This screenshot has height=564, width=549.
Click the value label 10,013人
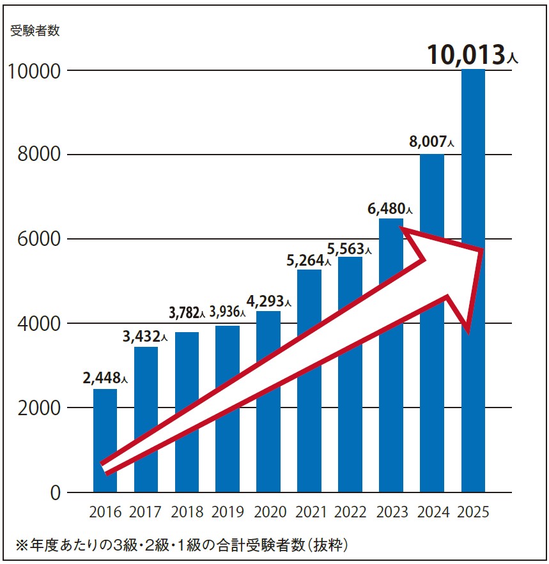pos(472,55)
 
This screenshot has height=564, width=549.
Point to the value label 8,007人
pos(431,142)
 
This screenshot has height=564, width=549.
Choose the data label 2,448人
pos(105,377)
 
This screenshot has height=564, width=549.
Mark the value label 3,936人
pos(226,313)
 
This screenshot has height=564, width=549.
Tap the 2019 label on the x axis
pos(228,512)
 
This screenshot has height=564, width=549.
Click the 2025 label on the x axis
pos(473,512)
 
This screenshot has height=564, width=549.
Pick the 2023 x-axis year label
pos(391,512)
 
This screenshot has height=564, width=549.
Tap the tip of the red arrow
pos(483,250)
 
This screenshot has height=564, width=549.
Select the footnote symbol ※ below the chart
pos(22,545)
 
